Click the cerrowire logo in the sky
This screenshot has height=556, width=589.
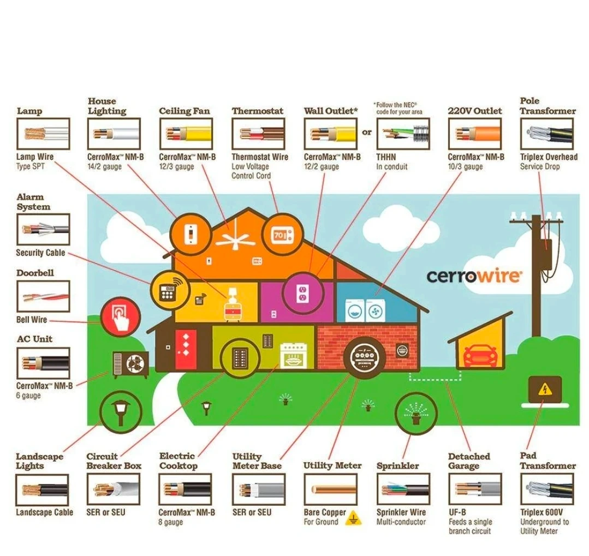tap(473, 276)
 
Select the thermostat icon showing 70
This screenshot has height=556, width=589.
tap(279, 236)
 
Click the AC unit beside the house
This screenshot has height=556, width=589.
tap(130, 364)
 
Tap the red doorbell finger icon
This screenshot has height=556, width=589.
tap(120, 317)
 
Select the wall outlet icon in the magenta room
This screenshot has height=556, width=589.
tap(302, 294)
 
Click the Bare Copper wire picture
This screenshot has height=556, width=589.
tap(330, 488)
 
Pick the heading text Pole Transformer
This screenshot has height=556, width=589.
tap(548, 106)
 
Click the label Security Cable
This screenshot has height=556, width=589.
tap(40, 253)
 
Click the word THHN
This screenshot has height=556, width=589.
tap(386, 157)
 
